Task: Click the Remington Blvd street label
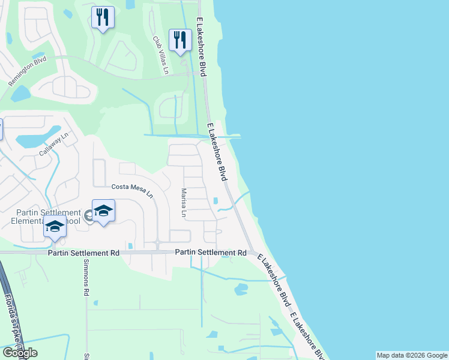point(28,71)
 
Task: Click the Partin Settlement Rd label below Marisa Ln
point(211,253)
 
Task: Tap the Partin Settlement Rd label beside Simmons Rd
point(83,254)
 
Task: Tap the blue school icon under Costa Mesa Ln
point(104,211)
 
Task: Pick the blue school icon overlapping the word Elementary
point(55,227)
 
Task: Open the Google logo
point(19,353)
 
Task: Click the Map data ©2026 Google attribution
point(412,355)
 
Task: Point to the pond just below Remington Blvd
point(20,94)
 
